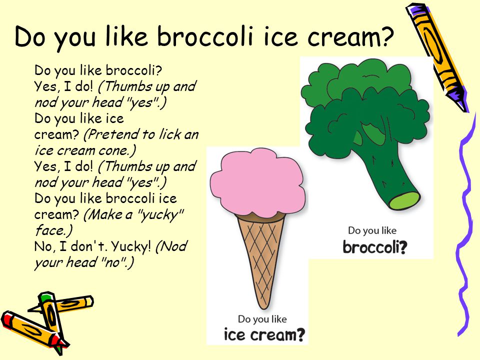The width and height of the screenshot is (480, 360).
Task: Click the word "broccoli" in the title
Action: tap(205, 36)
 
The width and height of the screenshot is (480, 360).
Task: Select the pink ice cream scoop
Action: tap(258, 182)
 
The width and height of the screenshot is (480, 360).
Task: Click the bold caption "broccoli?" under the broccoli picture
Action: tap(374, 247)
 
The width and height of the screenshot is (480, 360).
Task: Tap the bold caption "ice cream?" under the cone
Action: tap(264, 334)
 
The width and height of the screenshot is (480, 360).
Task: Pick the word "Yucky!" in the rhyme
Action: tap(131, 246)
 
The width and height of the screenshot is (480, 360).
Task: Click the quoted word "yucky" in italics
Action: tap(160, 215)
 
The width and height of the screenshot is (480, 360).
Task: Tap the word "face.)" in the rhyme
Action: tap(54, 230)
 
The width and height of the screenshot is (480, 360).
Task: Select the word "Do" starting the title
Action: tap(31, 36)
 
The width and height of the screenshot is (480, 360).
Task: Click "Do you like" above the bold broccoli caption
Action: tap(372, 230)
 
